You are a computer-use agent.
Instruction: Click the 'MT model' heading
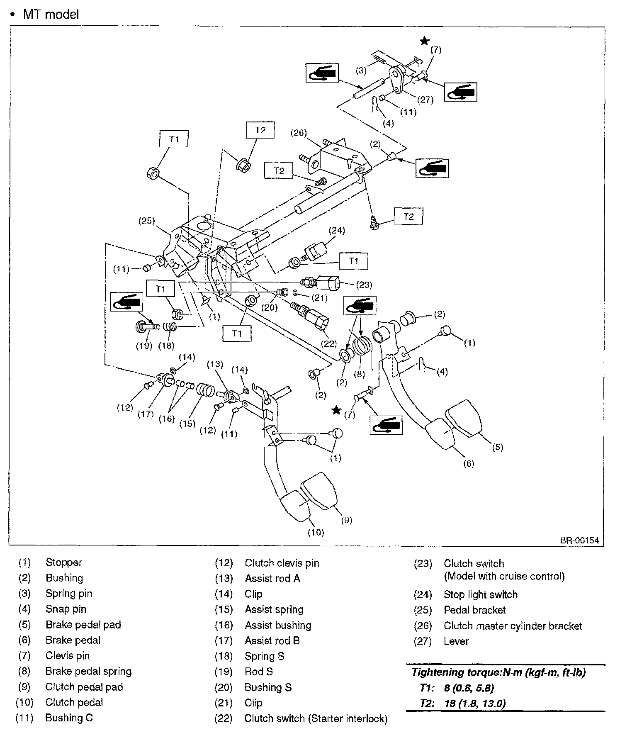pyautogui.click(x=51, y=15)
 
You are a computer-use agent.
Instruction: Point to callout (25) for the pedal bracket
pyautogui.click(x=146, y=221)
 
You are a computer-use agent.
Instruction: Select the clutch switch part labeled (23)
pyautogui.click(x=326, y=284)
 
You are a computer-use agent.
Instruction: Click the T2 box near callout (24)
pyautogui.click(x=408, y=217)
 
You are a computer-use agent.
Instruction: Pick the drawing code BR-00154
pyautogui.click(x=580, y=540)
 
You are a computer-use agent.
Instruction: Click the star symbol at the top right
pyautogui.click(x=424, y=41)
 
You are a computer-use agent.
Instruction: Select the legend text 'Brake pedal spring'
pyautogui.click(x=88, y=671)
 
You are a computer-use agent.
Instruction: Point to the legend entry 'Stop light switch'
pyautogui.click(x=480, y=594)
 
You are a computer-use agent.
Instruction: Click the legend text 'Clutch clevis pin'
pyautogui.click(x=282, y=563)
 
